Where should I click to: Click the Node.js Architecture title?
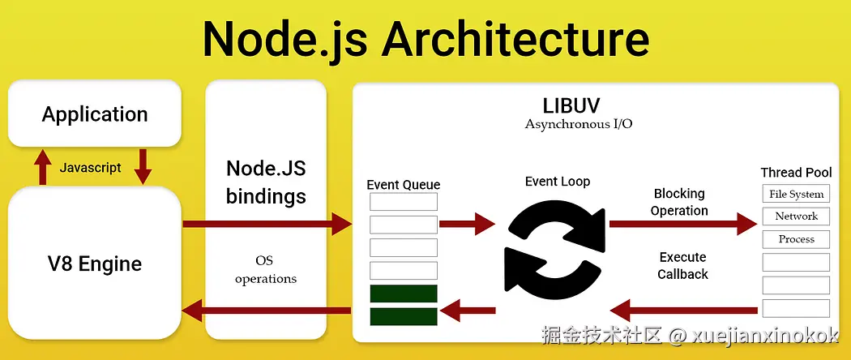click(425, 37)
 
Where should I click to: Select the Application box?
click(95, 114)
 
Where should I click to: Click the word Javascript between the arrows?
click(90, 168)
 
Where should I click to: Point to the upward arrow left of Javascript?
click(42, 167)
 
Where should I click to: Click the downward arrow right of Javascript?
click(143, 165)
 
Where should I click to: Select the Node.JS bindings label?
click(266, 182)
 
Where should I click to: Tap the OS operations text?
click(266, 270)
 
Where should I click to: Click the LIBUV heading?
click(578, 106)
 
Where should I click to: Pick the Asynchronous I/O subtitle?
click(578, 124)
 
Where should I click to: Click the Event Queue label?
click(403, 185)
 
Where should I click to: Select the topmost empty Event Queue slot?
click(403, 202)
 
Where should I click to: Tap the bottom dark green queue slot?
click(403, 316)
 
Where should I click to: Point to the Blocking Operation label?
click(679, 202)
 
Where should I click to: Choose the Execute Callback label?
click(682, 265)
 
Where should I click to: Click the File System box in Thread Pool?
click(796, 194)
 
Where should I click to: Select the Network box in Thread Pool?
click(796, 216)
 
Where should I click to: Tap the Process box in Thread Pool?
click(796, 239)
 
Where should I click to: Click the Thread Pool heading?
click(796, 172)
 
